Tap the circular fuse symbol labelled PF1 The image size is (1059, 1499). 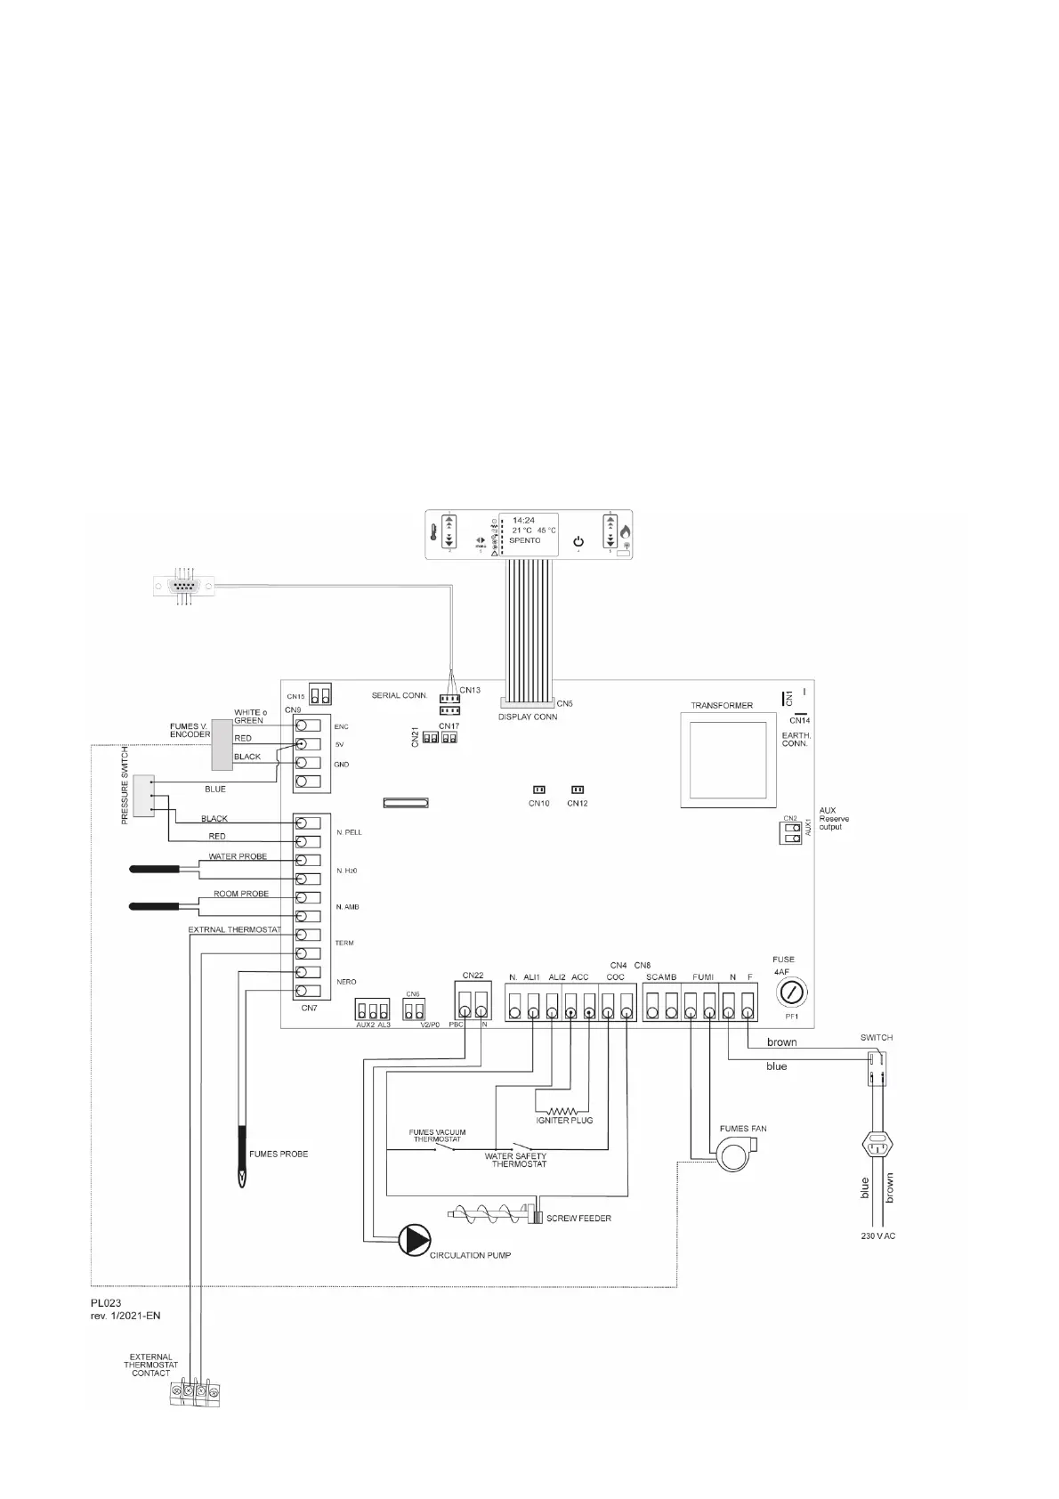793,993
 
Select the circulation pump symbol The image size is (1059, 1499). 413,1239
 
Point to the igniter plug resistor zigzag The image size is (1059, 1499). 562,1111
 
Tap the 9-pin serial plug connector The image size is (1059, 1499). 184,586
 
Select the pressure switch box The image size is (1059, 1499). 145,795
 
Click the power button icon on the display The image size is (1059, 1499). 578,541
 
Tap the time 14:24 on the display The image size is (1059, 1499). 523,520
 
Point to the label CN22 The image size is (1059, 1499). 473,976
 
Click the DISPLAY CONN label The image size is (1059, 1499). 528,717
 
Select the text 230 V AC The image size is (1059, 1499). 877,1236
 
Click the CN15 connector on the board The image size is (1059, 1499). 320,694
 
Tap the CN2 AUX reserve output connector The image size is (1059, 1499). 789,833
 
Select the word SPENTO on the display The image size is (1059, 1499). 525,540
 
